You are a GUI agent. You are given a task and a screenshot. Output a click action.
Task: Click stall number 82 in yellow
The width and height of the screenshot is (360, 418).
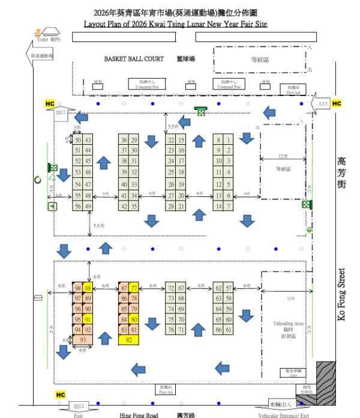click(x=129, y=340)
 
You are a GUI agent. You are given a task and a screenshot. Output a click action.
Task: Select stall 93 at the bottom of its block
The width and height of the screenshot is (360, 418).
click(x=83, y=340)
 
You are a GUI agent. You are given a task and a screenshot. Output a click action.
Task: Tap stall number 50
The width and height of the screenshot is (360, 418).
click(x=78, y=140)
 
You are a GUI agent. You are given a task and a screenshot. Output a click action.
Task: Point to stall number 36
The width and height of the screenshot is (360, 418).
click(x=124, y=140)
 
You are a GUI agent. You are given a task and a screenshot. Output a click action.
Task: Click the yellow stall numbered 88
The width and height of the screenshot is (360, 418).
click(x=88, y=288)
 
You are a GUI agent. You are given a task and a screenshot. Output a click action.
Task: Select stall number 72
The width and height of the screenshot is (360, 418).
click(x=172, y=288)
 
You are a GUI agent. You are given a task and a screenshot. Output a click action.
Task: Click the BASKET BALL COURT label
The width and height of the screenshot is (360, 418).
click(x=134, y=59)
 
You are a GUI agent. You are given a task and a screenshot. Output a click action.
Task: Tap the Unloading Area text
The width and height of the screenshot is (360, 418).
click(x=289, y=324)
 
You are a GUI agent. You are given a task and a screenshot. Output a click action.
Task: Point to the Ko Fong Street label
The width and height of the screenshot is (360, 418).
click(x=341, y=294)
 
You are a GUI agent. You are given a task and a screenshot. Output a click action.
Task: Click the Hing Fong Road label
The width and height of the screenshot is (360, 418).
click(x=138, y=415)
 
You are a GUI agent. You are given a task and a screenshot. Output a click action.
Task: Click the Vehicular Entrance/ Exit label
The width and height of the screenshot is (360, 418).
click(x=283, y=415)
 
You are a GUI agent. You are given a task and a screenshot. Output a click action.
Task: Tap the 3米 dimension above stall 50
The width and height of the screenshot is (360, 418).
click(x=77, y=128)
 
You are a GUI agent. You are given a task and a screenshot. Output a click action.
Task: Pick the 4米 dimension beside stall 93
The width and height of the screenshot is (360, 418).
click(x=67, y=340)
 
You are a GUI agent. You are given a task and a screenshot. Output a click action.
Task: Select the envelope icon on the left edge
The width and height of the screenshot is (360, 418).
click(x=38, y=297)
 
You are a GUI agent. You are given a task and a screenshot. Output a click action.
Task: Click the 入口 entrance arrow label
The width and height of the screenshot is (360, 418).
click(x=323, y=104)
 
